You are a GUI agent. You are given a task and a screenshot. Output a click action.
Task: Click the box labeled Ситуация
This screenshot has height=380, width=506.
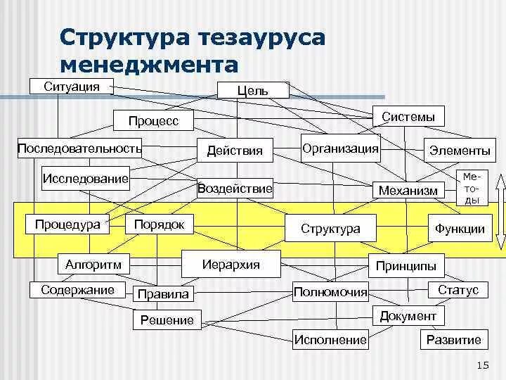pyautogui.click(x=71, y=87)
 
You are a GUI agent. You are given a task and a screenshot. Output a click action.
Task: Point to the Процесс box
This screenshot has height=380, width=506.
pyautogui.click(x=154, y=121)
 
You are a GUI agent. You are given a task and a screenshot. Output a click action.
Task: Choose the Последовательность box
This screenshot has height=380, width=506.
pyautogui.click(x=79, y=148)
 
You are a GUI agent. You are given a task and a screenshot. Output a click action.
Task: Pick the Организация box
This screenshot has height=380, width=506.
pyautogui.click(x=340, y=148)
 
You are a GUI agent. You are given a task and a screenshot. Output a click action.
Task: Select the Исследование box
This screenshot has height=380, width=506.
pyautogui.click(x=86, y=177)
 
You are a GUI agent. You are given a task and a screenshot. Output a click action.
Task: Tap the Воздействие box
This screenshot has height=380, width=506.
pyautogui.click(x=235, y=188)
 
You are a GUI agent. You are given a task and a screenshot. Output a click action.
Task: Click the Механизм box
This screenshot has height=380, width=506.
pyautogui.click(x=408, y=190)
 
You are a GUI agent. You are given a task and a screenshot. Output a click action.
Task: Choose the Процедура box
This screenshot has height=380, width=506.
pyautogui.click(x=67, y=224)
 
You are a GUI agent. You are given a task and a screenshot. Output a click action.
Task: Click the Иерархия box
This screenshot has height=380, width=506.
pyautogui.click(x=231, y=264)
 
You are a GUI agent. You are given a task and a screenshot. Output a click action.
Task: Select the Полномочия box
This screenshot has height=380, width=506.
pyautogui.click(x=330, y=291)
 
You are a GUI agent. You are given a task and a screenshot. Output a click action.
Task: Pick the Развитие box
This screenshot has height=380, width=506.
pyautogui.click(x=453, y=340)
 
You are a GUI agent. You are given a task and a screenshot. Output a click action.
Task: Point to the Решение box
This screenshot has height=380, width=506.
pyautogui.click(x=167, y=320)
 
